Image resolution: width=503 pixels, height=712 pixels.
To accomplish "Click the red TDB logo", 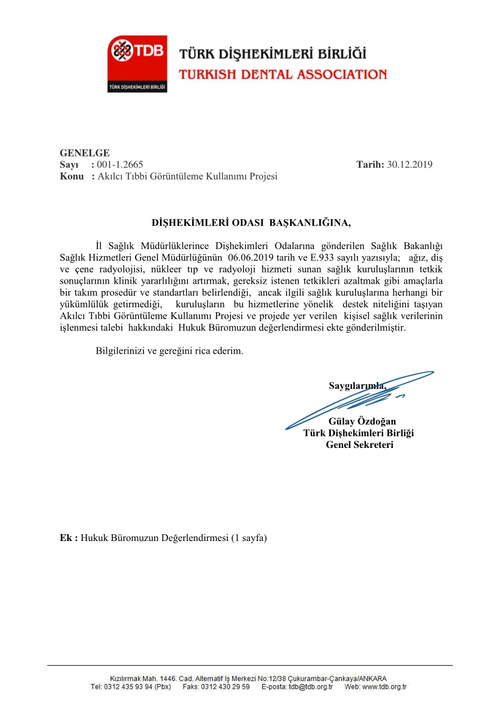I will pyautogui.click(x=137, y=63).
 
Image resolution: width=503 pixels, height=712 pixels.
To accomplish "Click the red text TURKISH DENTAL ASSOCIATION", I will pyautogui.click(x=282, y=75).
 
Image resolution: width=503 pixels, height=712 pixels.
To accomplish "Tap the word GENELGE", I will pyautogui.click(x=85, y=153).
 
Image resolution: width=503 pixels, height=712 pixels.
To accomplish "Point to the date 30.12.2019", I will pyautogui.click(x=409, y=164).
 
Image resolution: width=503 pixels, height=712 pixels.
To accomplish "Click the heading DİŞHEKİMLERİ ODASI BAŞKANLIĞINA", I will pyautogui.click(x=251, y=222).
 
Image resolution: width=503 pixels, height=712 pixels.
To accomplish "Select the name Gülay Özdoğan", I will pyautogui.click(x=361, y=421).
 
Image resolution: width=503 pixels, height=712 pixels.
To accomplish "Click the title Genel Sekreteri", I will pyautogui.click(x=359, y=444).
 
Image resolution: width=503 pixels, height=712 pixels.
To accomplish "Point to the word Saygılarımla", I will pyautogui.click(x=357, y=385).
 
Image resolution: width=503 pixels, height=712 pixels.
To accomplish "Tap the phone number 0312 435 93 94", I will pyautogui.click(x=131, y=687).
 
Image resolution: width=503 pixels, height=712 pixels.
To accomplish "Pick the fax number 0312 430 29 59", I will pyautogui.click(x=224, y=687).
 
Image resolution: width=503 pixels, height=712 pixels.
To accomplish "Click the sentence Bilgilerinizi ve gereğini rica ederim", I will pyautogui.click(x=170, y=351).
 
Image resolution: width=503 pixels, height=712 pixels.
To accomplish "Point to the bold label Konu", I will pyautogui.click(x=71, y=176).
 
